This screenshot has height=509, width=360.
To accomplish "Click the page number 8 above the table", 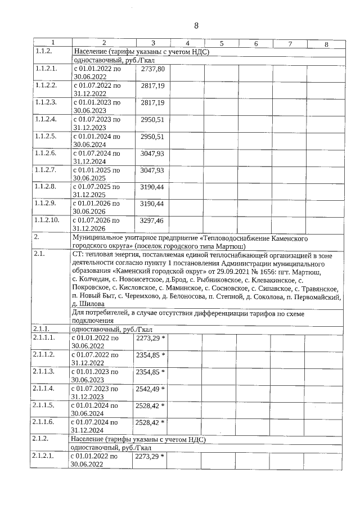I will [197, 25].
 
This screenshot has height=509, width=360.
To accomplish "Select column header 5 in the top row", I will [222, 43].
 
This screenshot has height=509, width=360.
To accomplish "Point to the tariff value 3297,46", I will [152, 220].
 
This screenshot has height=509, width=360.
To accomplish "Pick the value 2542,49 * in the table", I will [150, 388].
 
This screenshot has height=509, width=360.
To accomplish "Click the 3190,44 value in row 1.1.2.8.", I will [152, 187].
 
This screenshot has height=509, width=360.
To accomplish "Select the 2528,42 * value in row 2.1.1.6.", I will [150, 422].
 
